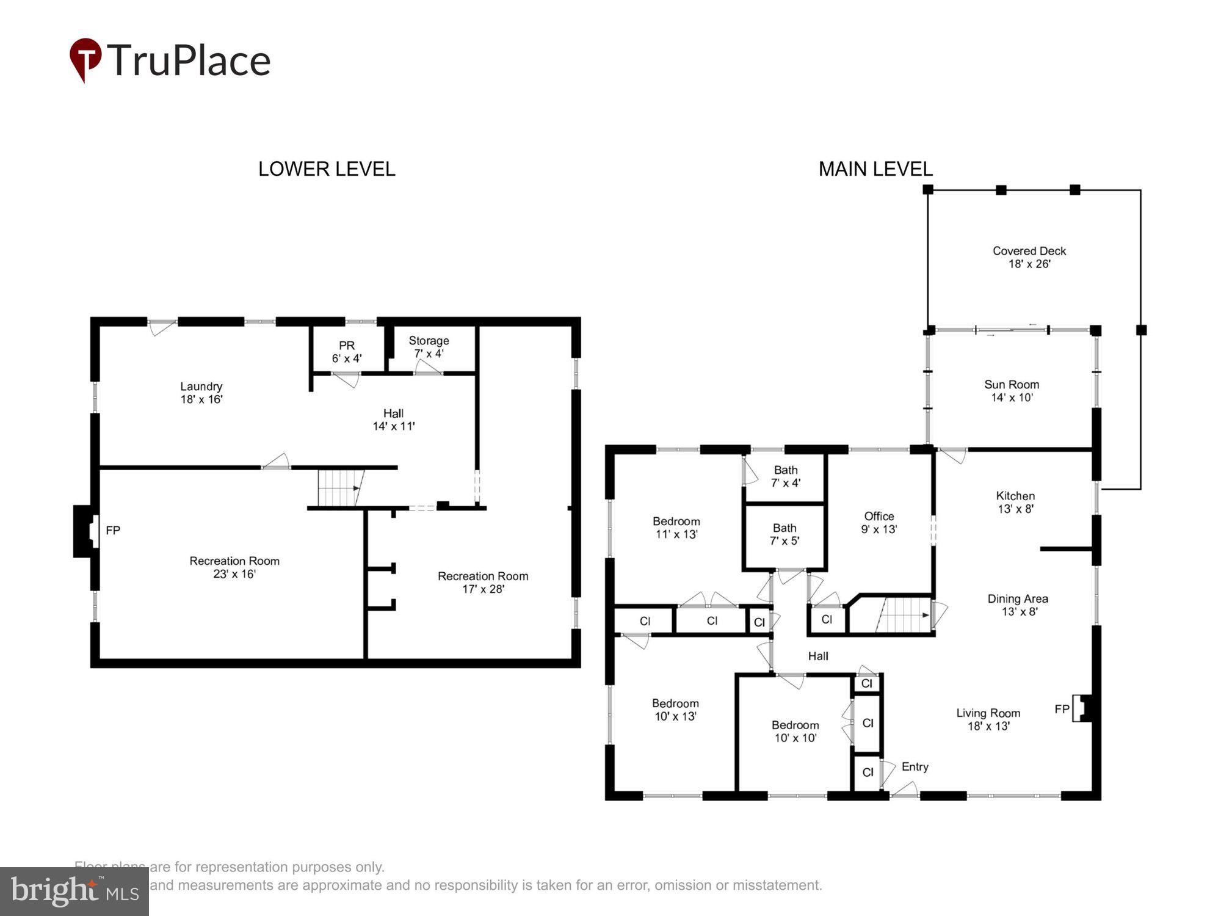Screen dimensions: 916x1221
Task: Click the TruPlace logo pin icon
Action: coord(85,59)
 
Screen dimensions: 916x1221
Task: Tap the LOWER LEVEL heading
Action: coord(327,169)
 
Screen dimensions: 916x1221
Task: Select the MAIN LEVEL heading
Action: coord(875,169)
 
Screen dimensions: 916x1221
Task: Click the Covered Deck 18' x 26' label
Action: coord(1029,257)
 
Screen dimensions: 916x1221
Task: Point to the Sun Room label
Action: coord(1011,391)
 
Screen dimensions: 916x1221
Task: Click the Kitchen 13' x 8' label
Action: coord(1015,502)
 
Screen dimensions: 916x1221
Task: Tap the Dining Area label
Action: coord(1018,605)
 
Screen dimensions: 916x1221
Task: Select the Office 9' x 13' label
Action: coord(879,523)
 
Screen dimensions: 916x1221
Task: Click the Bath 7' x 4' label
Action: coord(785,476)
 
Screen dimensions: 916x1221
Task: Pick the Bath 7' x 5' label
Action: coord(784,534)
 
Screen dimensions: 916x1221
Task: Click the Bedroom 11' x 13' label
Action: coord(676,528)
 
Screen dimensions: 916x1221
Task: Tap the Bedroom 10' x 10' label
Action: coord(795,731)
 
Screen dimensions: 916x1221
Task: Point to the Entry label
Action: coord(915,767)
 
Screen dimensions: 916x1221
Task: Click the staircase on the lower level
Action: coord(339,488)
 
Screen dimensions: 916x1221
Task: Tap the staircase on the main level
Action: coord(902,615)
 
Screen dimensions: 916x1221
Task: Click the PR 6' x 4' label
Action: coord(346,352)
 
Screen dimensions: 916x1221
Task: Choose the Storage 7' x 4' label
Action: coord(429,347)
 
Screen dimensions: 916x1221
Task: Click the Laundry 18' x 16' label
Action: coord(201,393)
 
